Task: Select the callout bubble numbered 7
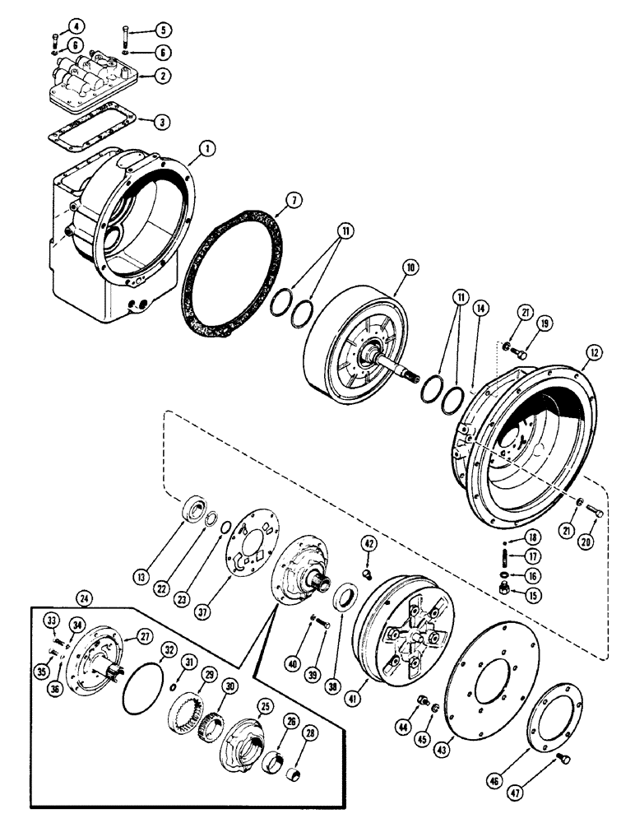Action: [291, 199]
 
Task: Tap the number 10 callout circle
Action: [410, 268]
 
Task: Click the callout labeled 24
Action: [82, 596]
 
